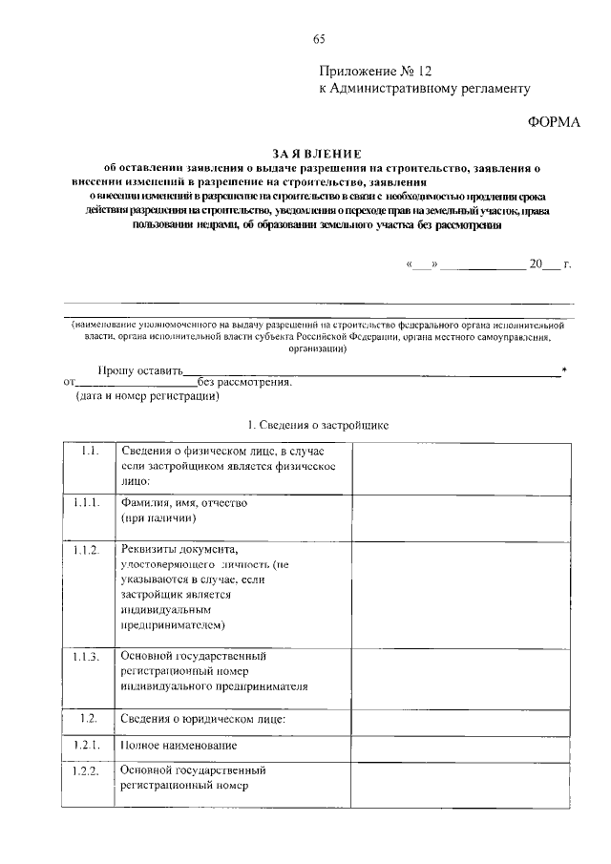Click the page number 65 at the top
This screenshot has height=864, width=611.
[x=319, y=39]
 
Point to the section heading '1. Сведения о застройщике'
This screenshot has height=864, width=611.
[x=318, y=422]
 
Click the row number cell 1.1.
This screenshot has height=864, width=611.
[x=90, y=451]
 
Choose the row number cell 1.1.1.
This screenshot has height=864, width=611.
[x=90, y=503]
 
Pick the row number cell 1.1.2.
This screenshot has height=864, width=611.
[x=90, y=553]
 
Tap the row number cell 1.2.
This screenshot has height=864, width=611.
[x=90, y=717]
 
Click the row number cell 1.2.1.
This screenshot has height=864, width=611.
[x=90, y=744]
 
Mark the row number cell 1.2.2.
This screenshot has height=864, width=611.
[x=90, y=770]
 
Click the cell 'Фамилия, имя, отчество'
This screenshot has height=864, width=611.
[x=184, y=503]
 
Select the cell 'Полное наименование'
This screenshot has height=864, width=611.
[x=179, y=744]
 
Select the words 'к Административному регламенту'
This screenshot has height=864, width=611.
[x=423, y=88]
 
